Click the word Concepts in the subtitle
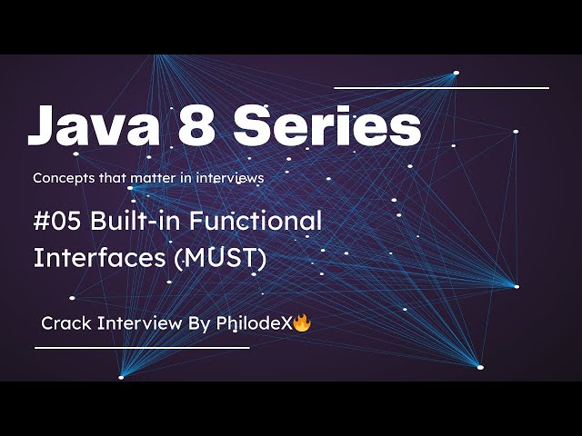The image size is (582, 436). pos(62,179)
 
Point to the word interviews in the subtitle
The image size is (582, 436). pos(232,178)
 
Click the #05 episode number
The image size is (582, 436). pos(57,220)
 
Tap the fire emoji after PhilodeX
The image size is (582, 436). pos(302,322)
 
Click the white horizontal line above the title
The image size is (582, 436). pos(442,88)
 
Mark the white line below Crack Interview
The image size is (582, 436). pos(142,347)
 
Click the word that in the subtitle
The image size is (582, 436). pos(112,178)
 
